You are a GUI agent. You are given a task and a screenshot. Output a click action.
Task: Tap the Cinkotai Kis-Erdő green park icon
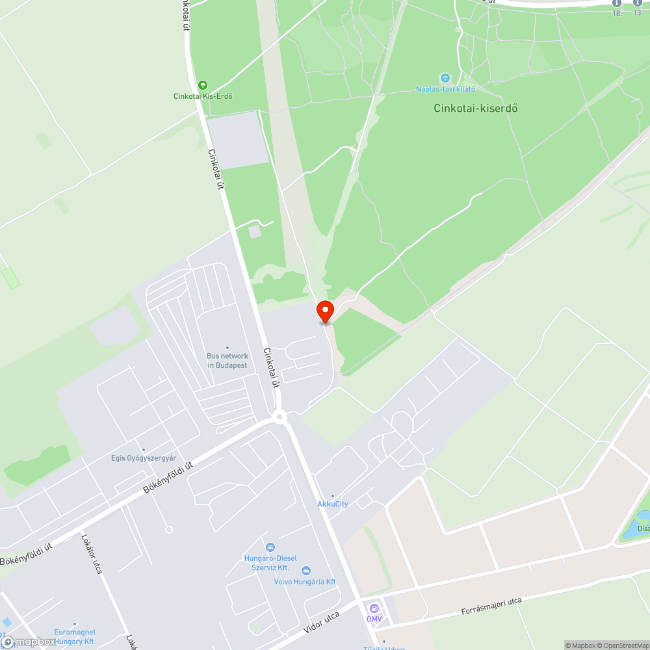203,85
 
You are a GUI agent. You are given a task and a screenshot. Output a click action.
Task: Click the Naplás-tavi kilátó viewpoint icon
445,78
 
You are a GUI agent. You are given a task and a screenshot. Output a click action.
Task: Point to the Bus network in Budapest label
227,360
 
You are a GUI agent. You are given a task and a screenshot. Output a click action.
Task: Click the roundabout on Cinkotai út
279,416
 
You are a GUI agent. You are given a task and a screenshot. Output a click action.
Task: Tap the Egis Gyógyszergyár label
143,458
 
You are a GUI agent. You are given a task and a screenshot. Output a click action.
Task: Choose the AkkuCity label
333,504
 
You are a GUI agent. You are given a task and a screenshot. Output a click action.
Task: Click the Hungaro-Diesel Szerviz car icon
270,547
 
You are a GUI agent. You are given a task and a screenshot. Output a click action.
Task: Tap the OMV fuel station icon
374,608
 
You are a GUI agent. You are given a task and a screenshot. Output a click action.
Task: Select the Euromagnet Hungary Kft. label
75,636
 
